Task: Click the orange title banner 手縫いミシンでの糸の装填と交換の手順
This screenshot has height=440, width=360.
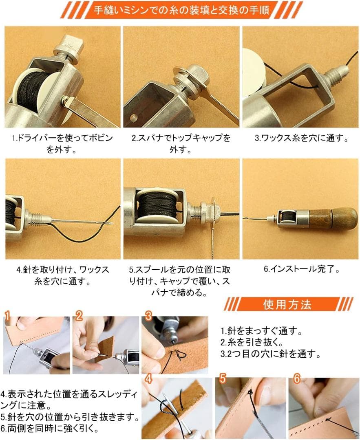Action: coord(181,10)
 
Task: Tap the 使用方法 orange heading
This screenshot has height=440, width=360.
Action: coord(287,304)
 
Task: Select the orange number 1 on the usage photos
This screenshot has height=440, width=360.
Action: coord(7,316)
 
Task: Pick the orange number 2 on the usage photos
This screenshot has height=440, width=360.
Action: coord(79,316)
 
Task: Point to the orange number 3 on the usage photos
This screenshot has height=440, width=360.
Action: coord(148,316)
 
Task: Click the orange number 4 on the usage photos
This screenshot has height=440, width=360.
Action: coord(148,379)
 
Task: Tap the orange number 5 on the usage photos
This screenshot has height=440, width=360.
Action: coord(223,378)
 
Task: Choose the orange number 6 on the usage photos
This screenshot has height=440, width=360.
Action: coord(297,378)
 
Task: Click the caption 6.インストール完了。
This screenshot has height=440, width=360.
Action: coord(302,269)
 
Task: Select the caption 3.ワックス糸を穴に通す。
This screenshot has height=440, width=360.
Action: coord(302,138)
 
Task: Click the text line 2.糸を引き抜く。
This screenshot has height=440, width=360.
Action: coord(252,342)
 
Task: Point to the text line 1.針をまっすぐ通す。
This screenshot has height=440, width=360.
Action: coord(261,331)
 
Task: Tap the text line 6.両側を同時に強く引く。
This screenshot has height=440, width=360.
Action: coord(49,429)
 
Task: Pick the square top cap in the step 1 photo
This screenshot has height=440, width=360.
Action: coord(69,48)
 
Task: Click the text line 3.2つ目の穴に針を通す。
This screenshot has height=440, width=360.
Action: coord(271,354)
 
